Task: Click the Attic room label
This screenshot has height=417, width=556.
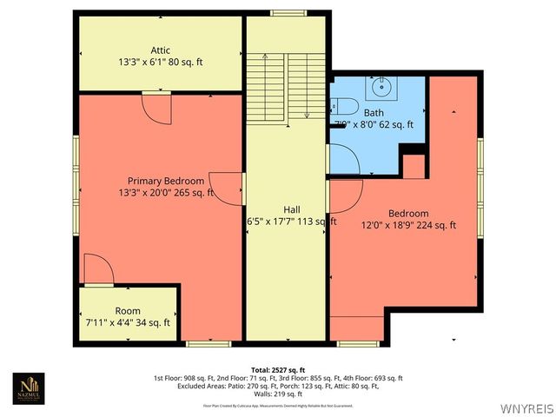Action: (160, 50)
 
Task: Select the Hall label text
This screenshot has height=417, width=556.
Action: (292, 209)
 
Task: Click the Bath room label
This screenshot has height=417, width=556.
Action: (374, 113)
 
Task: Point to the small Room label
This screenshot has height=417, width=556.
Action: (128, 311)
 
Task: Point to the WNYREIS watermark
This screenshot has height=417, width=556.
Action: (526, 408)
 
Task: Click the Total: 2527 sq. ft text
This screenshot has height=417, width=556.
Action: (277, 370)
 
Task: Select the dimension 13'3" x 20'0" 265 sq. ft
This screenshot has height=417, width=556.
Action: (166, 193)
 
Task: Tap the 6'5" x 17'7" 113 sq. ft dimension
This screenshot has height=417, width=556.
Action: (292, 222)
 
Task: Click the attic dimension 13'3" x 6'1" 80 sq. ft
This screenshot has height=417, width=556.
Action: (160, 63)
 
